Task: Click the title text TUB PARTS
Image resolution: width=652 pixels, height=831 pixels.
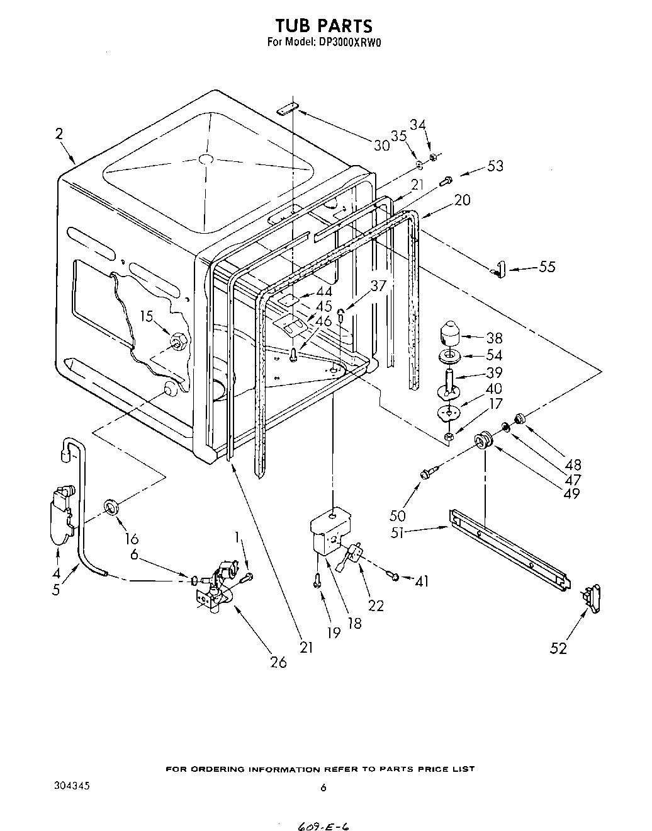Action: coord(323,25)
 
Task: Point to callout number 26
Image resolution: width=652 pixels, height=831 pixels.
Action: coord(278,662)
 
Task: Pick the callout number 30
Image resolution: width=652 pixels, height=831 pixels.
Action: coord(382,146)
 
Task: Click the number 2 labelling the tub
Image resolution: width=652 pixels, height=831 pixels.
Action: coord(59,133)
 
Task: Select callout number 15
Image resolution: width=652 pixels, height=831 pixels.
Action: coord(146,316)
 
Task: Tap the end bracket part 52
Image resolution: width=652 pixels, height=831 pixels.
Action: coord(593,596)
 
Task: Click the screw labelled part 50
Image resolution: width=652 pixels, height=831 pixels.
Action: coord(429,472)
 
